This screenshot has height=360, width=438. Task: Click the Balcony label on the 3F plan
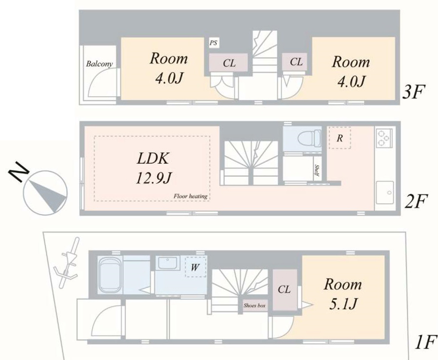(99, 64)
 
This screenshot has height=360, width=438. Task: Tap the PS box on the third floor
(214, 43)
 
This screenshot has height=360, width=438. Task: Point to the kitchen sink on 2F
(385, 192)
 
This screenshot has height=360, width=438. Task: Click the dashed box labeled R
(340, 138)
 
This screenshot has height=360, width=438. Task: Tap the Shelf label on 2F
(317, 171)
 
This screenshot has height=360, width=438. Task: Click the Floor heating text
(191, 196)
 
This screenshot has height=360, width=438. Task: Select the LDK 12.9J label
(153, 168)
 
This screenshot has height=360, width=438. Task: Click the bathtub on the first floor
(110, 275)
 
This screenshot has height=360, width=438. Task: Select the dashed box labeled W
(195, 267)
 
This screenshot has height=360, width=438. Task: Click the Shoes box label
(254, 306)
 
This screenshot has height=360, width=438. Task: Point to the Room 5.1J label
(343, 294)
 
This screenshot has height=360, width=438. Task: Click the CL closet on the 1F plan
(285, 290)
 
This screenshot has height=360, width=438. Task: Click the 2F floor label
(416, 202)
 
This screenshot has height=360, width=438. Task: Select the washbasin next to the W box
(168, 263)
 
